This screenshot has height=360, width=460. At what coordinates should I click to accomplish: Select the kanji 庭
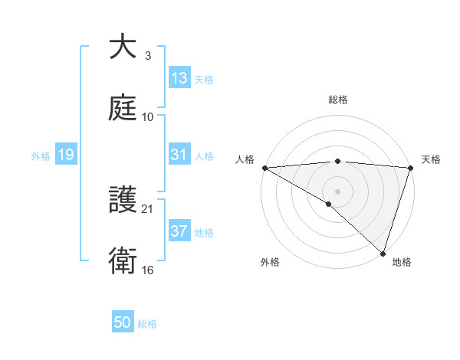123,108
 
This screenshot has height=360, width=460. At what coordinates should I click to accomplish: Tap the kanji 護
123,200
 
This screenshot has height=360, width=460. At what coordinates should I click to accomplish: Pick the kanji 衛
123,262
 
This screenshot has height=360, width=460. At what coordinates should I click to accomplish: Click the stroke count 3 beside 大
147,56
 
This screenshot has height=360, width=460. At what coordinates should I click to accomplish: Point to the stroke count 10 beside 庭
148,117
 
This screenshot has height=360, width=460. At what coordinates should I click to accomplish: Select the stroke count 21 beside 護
148,208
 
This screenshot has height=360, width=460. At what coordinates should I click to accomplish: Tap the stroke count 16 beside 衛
148,270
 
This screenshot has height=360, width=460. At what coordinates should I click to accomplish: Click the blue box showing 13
179,78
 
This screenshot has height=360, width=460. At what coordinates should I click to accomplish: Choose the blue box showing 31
179,155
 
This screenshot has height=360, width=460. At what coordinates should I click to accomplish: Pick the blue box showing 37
179,231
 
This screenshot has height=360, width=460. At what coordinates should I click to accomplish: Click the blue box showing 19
66,155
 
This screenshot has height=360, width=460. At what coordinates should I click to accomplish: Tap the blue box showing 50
123,322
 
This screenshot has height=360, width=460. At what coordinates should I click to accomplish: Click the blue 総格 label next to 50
147,324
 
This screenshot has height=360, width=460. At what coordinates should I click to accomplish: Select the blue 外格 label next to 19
41,156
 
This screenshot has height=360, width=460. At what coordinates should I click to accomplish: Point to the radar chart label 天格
431,159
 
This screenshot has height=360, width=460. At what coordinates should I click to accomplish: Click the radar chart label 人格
244,159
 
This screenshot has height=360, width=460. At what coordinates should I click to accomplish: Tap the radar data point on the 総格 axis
337,161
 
